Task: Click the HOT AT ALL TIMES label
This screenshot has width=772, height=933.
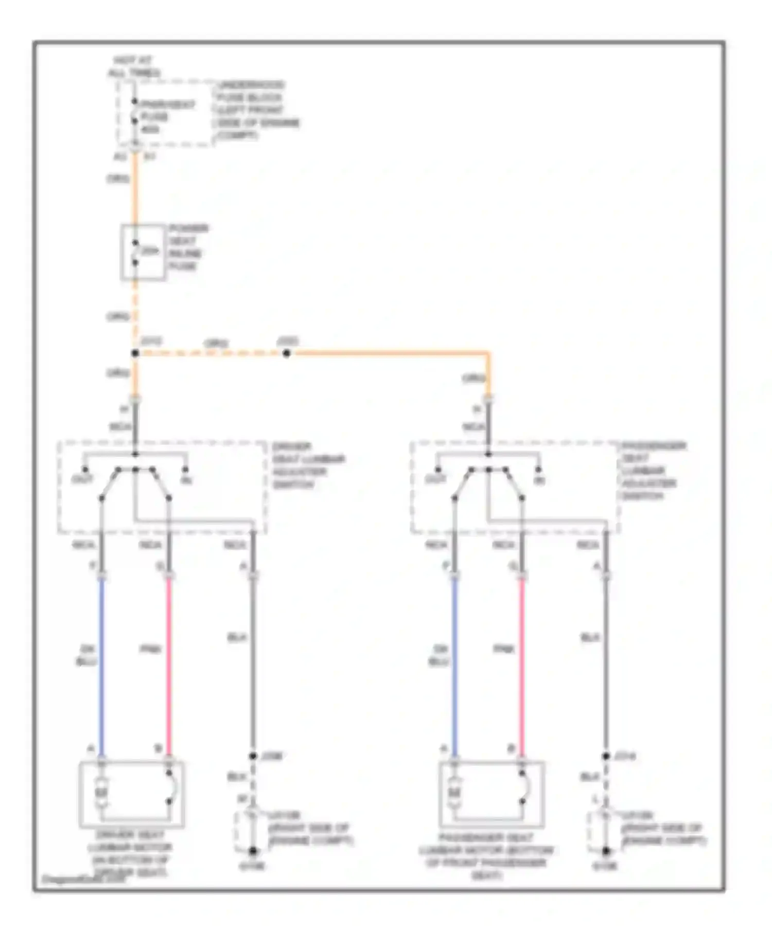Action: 134,67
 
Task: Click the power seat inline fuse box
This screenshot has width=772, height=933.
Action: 143,252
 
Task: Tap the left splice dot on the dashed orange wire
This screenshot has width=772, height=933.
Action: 135,353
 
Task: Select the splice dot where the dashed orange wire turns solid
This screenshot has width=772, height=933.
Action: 287,353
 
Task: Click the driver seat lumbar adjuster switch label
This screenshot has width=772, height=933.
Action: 308,465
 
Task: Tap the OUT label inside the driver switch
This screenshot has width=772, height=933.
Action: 82,480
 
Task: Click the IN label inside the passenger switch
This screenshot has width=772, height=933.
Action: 539,480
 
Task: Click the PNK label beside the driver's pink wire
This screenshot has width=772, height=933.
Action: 150,649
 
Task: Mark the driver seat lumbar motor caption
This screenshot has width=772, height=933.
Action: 130,854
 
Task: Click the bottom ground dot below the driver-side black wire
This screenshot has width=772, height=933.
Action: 253,851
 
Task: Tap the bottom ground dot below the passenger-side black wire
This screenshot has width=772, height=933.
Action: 606,851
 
